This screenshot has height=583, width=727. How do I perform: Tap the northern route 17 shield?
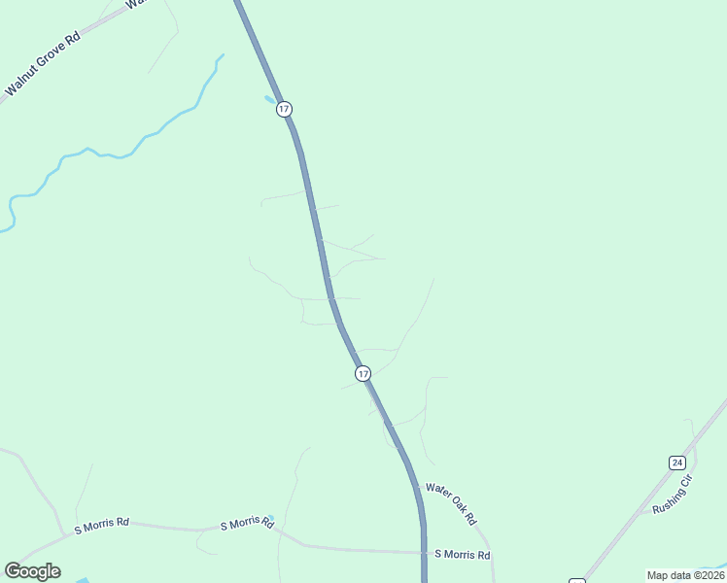[x=284, y=109]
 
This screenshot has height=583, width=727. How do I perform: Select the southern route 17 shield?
[x=363, y=373]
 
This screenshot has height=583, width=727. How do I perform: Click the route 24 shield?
[x=677, y=463]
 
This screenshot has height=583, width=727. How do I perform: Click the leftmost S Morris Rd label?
[x=102, y=524]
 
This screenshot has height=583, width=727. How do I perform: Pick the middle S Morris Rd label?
[x=247, y=524]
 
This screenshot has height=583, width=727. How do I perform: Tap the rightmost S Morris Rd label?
[x=463, y=555]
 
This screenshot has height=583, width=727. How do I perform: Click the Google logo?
[x=33, y=571]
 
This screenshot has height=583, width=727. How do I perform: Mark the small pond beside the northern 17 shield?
[x=269, y=99]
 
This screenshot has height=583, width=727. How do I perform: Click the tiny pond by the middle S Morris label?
[x=270, y=518]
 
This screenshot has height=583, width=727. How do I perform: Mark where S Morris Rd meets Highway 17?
[x=425, y=553]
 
